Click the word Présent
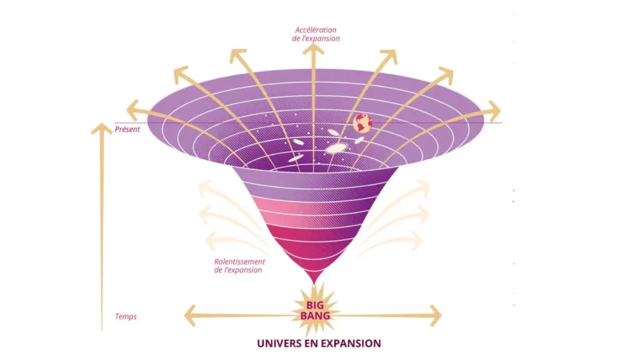(x=127, y=130)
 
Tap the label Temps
(x=126, y=316)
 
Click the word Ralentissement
(x=239, y=262)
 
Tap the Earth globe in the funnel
(x=363, y=123)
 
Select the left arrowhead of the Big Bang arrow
(x=189, y=316)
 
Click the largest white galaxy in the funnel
(x=336, y=148)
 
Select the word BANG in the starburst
(x=318, y=316)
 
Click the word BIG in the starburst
(x=318, y=305)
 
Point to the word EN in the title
(x=318, y=343)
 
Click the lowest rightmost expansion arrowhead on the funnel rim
(x=494, y=111)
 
